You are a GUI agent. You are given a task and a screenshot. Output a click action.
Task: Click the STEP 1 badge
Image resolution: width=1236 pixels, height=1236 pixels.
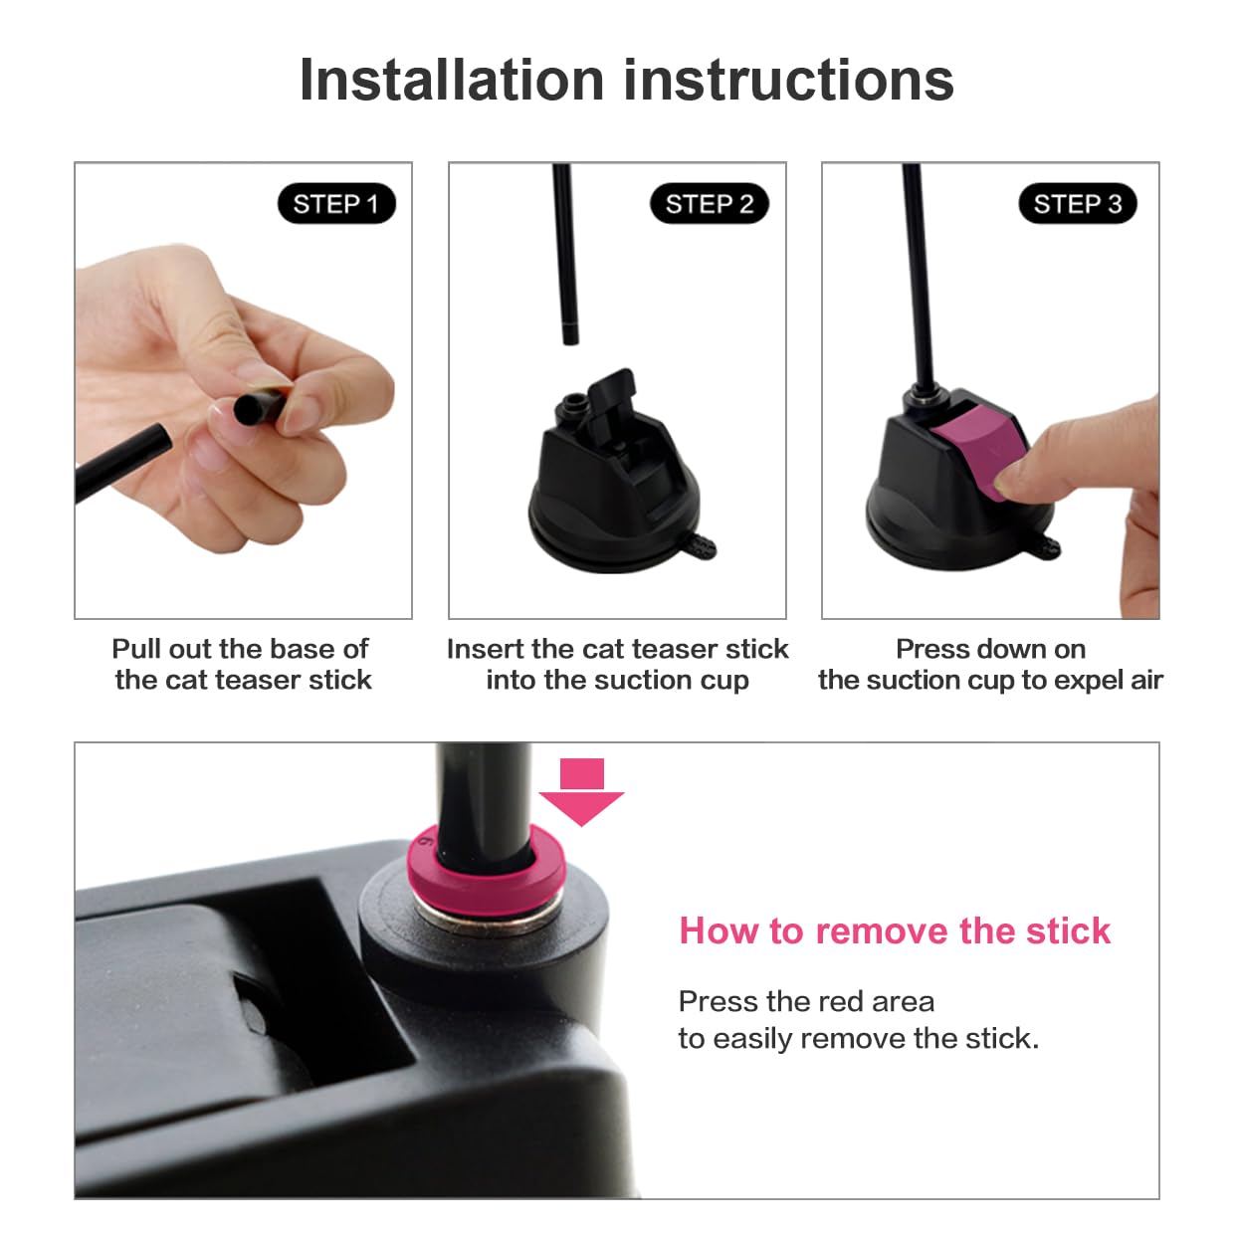point(336,204)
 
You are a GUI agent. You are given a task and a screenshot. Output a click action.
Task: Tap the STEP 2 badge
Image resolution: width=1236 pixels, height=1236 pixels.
point(709,204)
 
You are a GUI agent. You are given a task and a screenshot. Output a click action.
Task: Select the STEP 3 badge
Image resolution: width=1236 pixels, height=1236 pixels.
point(1078,204)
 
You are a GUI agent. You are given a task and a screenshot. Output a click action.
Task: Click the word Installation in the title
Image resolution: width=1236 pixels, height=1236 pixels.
point(452,81)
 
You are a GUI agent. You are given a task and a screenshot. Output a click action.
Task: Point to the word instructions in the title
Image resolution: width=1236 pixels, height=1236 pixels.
point(789,81)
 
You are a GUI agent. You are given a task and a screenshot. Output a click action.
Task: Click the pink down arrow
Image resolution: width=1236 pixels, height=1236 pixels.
point(581,791)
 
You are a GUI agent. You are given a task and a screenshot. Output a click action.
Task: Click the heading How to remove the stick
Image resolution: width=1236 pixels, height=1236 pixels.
point(894,930)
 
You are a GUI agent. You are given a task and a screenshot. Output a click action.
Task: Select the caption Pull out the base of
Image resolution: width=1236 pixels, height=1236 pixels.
point(240,649)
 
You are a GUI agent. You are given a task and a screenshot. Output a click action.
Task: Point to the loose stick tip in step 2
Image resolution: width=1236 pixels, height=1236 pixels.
point(570,333)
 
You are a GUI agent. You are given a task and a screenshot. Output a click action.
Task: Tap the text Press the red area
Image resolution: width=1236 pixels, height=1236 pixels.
point(806,1001)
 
